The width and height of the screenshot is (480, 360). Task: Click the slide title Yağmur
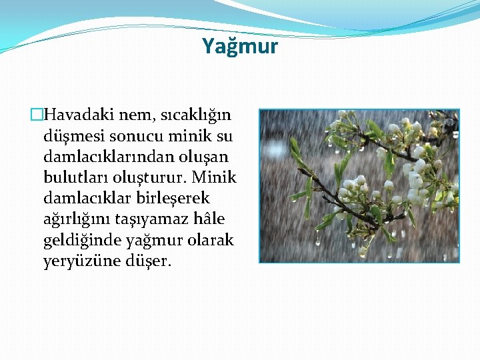tap(240, 46)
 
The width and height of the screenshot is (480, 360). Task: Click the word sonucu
tap(132, 137)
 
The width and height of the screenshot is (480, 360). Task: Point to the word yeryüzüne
tap(81, 261)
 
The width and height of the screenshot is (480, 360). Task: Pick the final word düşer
tap(149, 261)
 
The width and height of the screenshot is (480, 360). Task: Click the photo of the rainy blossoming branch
tap(359, 186)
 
